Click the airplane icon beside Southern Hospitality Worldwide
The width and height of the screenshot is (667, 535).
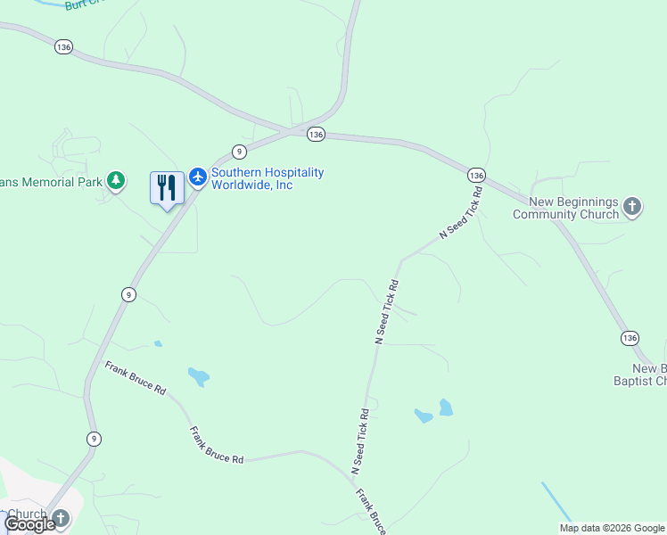coord(197,178)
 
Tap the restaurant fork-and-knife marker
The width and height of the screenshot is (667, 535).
coord(167,188)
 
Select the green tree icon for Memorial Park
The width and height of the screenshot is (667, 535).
coord(115,181)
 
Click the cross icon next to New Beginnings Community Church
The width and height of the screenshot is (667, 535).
coord(631,208)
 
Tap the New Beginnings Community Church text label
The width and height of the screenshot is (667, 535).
coord(566,209)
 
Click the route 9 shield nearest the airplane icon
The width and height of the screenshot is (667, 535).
coord(239,152)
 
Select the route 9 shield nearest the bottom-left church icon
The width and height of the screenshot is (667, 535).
coord(94,438)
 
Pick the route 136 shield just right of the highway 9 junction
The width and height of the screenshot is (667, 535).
coord(315,134)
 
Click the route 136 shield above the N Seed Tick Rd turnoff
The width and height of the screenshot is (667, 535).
coord(476,175)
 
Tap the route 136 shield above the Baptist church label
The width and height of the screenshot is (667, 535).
coord(630,338)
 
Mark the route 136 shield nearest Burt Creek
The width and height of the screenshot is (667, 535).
coord(63,47)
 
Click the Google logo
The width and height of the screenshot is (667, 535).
coord(29,524)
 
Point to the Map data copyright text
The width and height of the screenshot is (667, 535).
coord(612,528)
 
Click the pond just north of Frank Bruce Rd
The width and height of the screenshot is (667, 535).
coord(198,376)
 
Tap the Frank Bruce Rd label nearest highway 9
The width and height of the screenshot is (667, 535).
coord(136,378)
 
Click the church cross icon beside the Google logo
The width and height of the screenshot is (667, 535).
coord(61,517)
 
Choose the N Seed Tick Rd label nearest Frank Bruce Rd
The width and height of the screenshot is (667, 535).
coord(359,441)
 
